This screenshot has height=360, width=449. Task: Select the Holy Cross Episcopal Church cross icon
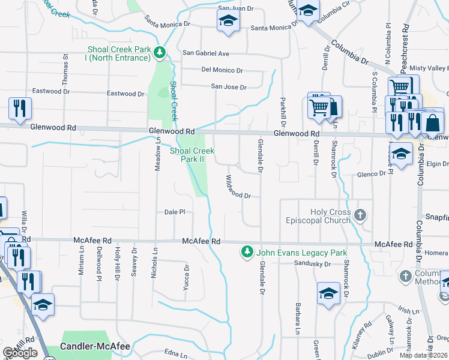pyautogui.click(x=360, y=215)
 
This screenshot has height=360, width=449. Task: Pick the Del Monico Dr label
pyautogui.click(x=222, y=70)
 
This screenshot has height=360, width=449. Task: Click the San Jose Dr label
pyautogui.click(x=229, y=87)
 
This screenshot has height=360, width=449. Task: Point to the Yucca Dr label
pyautogui.click(x=187, y=277)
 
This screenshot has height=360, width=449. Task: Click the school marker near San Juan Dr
pyautogui.click(x=228, y=21)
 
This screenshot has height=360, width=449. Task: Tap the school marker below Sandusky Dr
pyautogui.click(x=328, y=294)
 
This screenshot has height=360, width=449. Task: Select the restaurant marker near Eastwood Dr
pyautogui.click(x=20, y=108)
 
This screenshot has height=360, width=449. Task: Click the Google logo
pyautogui.click(x=20, y=353)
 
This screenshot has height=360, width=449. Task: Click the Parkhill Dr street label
pyautogui.click(x=282, y=111)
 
